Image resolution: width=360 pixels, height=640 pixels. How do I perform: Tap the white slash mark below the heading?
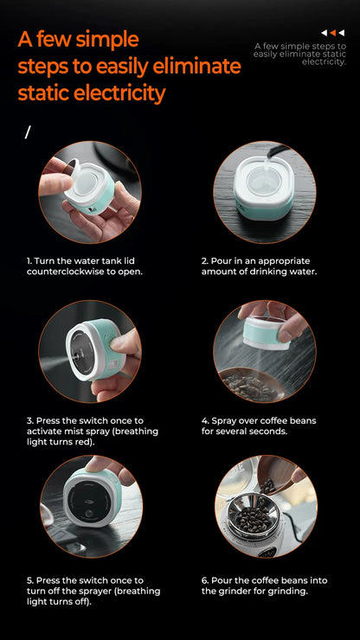point(28,132)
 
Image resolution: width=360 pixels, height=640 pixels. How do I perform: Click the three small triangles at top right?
point(332,33)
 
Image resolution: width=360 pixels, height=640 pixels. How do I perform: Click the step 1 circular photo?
point(89,192)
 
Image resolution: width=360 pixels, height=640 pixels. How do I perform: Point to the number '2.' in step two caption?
point(205,260)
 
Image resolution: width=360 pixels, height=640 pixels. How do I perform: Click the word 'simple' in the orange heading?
point(102,39)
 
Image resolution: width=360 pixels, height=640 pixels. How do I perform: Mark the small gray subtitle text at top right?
point(299,54)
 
